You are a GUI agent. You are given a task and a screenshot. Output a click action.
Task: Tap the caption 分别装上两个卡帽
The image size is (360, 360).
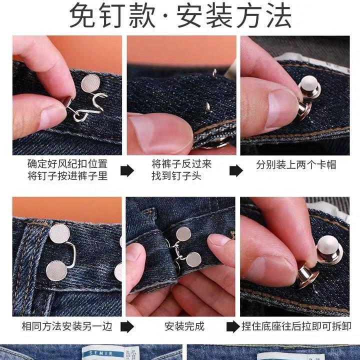point(296,164)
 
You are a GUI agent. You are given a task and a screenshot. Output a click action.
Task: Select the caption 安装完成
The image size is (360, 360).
point(184,326)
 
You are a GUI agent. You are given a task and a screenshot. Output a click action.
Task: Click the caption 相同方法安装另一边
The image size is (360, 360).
point(67,326)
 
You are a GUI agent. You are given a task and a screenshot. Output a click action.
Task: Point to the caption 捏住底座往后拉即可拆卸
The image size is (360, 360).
point(296,326)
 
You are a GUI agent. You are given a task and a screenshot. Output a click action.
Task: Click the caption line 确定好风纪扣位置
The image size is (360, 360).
point(67,164)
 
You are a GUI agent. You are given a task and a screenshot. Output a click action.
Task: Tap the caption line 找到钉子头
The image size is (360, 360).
point(176,176)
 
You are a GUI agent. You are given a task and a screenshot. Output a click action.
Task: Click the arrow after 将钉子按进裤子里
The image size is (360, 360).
point(127,170)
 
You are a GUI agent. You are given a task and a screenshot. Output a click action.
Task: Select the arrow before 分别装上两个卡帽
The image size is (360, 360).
point(236,170)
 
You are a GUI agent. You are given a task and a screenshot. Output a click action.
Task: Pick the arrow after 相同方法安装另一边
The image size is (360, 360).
point(127,326)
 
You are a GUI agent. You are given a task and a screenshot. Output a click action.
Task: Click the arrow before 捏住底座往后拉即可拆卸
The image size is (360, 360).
point(233,326)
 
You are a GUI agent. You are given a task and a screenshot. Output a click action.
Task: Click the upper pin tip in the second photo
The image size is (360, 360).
point(214,72)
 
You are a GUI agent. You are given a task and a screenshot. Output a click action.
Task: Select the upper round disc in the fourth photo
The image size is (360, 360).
point(59,233)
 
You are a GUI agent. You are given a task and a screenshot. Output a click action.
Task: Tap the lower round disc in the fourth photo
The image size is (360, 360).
point(56,270)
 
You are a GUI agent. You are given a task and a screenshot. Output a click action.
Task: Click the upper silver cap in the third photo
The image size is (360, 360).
point(309,87)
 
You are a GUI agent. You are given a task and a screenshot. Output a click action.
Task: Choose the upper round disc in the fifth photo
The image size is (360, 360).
point(183,233)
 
